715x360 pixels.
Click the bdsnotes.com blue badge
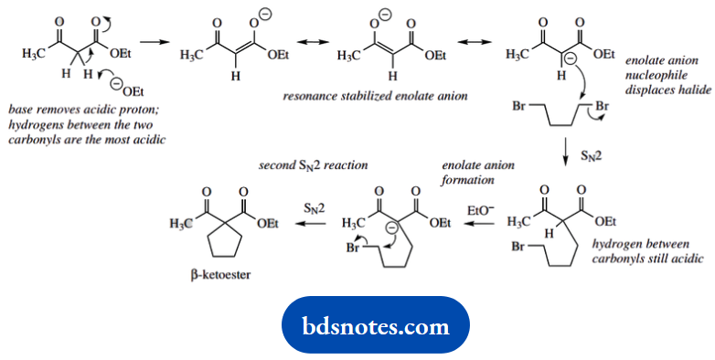tap(376, 325)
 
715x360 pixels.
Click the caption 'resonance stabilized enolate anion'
tap(364, 94)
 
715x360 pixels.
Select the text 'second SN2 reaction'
tap(315, 165)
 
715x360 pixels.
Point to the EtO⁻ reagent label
tap(481, 209)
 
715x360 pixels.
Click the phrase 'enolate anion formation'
tap(478, 173)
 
